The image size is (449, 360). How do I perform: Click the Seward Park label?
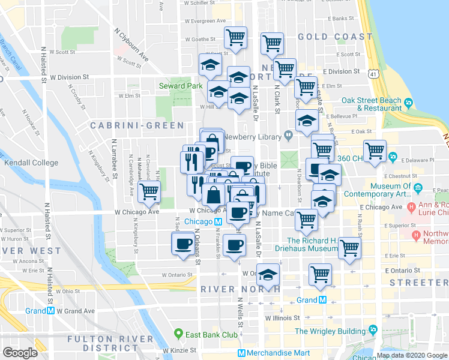pos(180,86)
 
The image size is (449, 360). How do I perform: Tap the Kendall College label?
pos(31,163)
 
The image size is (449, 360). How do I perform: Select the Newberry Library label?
pos(257,137)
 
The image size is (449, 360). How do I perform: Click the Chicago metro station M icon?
pos(218,221)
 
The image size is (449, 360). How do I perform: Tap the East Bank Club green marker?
pos(178,334)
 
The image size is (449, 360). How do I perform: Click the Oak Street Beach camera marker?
pos(408,103)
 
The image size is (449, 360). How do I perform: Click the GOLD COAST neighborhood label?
pos(335,37)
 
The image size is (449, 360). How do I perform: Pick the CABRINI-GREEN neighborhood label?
pos(137,125)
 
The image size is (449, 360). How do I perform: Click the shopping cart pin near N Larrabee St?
pos(148,193)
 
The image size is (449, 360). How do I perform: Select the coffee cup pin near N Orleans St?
pos(182,245)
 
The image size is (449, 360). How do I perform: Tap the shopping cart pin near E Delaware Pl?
pos(375,151)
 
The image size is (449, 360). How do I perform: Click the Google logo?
pos(20,352)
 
